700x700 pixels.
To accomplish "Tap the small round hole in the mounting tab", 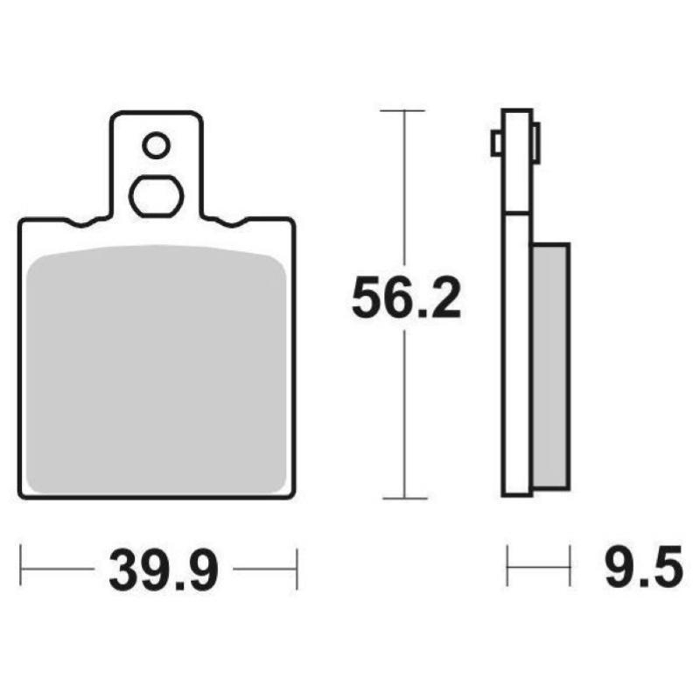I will point(157,145).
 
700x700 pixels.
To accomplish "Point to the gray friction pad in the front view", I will point(157,367).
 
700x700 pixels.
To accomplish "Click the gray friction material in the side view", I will point(551,363).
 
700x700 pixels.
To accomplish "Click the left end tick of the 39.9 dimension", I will point(21,569).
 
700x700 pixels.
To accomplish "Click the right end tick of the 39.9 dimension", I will point(297,569).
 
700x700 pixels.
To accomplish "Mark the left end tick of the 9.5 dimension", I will point(508,567).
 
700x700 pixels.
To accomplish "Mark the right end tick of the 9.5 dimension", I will point(570,567).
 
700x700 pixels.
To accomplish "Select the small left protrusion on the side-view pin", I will point(496,142).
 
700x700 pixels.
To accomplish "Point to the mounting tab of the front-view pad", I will point(156,166).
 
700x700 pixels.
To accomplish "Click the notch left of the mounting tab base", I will point(87,221).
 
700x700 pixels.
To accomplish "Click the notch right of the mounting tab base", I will point(227,221).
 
